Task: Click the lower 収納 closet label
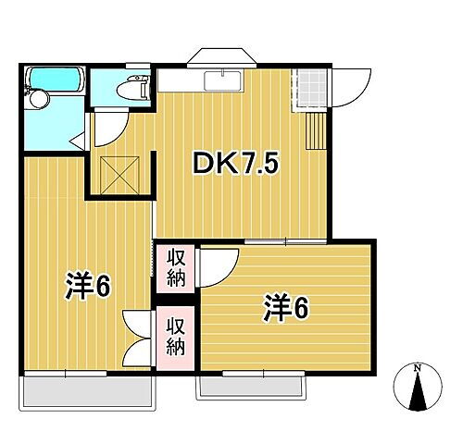(x=176, y=338)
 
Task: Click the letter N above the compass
(x=417, y=369)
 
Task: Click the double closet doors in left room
(x=136, y=339)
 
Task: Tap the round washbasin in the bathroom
(x=38, y=98)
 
